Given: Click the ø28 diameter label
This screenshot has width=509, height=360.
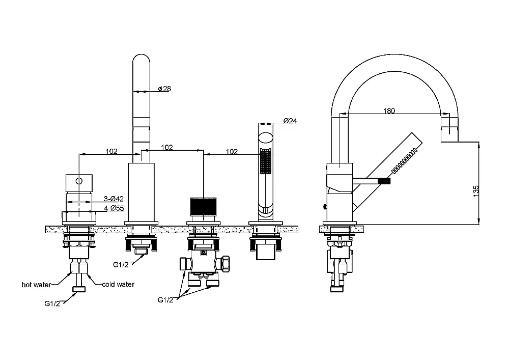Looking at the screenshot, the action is point(164,89).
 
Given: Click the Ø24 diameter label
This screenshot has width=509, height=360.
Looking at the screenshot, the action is point(290,121).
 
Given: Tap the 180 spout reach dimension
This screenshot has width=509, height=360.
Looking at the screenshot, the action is point(389,110).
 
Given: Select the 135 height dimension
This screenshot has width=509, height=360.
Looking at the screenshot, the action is point(475,190).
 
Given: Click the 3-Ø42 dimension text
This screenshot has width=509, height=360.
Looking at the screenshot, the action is point(114,199).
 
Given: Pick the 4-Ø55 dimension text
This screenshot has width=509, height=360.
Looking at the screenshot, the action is point(114,208).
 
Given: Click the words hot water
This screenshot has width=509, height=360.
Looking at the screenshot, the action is point(36,285).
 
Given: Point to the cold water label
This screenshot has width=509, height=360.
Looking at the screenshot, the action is point(118,284).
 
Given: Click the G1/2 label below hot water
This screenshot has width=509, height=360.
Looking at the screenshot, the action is point(52,303).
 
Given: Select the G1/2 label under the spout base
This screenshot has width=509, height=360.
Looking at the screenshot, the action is point(121,265).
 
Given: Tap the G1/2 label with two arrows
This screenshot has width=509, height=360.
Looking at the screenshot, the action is point(165,299).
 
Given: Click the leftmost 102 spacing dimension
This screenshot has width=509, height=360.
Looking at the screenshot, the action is point(111,151).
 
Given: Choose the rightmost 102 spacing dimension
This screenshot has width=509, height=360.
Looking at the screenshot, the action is point(232,152).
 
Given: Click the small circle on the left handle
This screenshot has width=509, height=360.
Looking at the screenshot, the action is point(79,181).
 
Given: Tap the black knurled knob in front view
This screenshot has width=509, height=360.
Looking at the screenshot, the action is point(203,206).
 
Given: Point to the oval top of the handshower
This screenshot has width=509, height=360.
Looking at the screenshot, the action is point(266,137).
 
